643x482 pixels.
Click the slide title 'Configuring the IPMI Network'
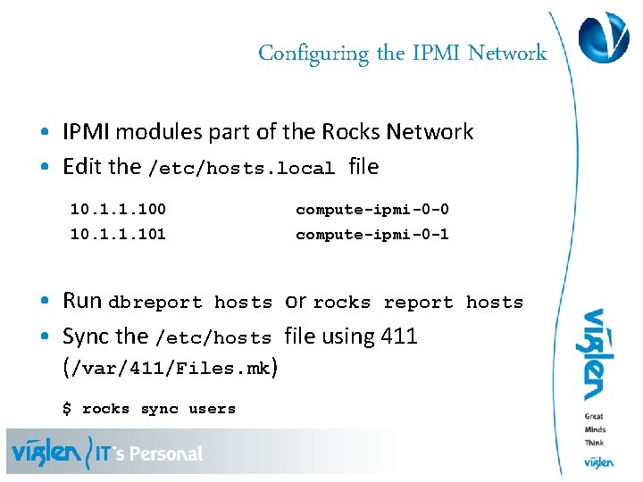402,54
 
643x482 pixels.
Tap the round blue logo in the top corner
604,37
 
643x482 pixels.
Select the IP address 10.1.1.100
118,210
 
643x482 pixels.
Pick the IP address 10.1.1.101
118,235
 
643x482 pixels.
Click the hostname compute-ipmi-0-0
372,210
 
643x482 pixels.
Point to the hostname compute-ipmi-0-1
372,235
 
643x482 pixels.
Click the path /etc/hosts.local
241,169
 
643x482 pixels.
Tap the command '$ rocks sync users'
149,409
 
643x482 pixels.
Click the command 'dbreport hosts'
190,303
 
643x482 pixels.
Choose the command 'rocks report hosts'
418,303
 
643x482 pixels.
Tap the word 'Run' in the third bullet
82,301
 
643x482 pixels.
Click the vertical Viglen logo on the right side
594,354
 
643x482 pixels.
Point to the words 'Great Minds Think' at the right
595,429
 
